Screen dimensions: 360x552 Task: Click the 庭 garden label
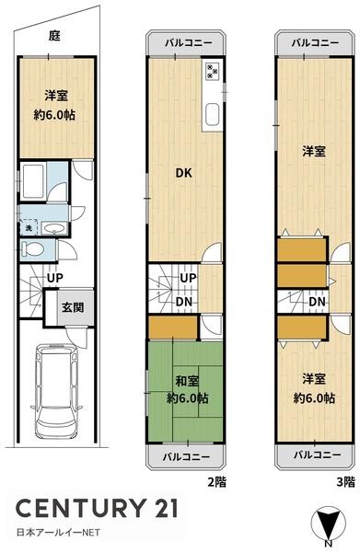pos(54,36)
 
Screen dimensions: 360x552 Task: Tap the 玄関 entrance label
pos(73,307)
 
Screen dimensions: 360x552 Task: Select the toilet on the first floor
pos(32,249)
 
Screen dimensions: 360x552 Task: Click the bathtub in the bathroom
pos(33,181)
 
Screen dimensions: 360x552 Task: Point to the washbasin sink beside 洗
pos(53,228)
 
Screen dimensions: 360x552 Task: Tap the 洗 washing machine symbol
pos(29,228)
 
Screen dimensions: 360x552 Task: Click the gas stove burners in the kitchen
pos(212,71)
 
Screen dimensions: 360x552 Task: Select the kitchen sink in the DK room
pos(212,114)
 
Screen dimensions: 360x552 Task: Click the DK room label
pos(183,173)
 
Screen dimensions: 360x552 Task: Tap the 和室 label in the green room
pos(187,381)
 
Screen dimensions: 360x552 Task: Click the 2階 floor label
pos(216,481)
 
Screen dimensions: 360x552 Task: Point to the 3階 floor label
pos(345,481)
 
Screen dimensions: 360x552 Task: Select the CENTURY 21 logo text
pos(97,509)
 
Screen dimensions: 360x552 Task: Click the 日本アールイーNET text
pos(58,533)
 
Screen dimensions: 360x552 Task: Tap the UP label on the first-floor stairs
pos(55,278)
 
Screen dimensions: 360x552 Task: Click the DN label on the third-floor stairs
pos(317,302)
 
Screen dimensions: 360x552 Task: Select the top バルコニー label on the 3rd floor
pos(315,43)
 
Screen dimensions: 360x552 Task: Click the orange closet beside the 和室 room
pos(172,328)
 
